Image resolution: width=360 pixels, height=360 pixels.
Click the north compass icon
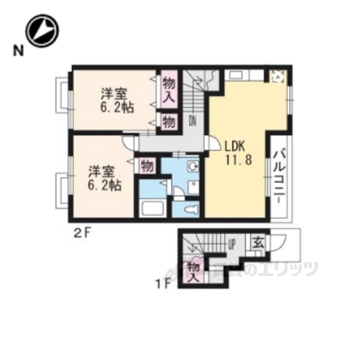click(41, 31)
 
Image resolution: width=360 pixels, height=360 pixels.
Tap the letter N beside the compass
click(16, 52)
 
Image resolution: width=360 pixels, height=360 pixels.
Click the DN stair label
click(193, 120)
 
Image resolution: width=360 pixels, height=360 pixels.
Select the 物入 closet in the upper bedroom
click(169, 90)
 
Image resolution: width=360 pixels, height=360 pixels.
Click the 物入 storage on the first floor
click(193, 268)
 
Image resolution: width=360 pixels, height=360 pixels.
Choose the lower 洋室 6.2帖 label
click(102, 177)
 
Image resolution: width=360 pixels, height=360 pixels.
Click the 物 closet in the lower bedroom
click(147, 164)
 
